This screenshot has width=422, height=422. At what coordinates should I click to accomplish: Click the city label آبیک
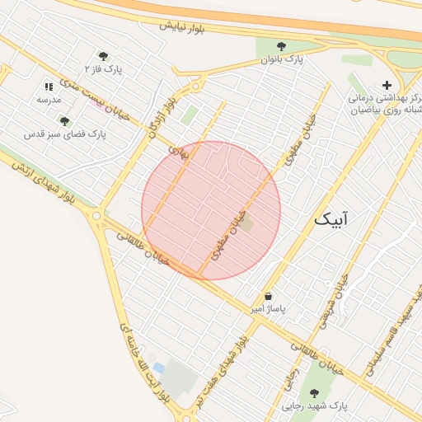pos(331,219)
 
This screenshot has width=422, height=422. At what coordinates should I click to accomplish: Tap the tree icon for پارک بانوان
pos(282,47)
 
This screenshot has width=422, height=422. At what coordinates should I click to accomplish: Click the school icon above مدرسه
pos(49,87)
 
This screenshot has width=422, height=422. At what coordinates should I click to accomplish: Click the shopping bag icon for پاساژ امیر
pos(269,297)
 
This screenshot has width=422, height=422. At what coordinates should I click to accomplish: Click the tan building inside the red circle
pos(248,223)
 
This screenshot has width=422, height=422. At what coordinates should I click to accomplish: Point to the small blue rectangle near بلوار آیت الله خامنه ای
pos(158,367)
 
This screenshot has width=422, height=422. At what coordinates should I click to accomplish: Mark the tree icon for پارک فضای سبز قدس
pos(64,121)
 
